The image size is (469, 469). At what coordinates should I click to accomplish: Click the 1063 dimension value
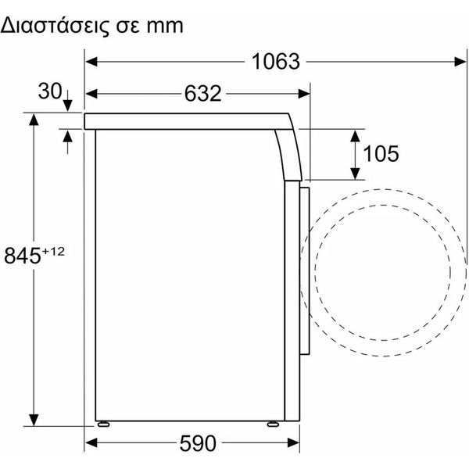point(275,62)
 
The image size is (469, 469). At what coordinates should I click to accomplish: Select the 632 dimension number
point(202,94)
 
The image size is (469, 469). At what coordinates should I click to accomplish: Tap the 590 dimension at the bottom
point(198,443)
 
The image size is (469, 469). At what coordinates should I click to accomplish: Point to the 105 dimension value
point(381,154)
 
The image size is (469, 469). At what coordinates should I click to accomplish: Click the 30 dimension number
point(50,91)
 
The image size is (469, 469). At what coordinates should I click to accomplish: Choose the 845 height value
point(23,256)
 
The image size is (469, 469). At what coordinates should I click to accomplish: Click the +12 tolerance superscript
point(53,252)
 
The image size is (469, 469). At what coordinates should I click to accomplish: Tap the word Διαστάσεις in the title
point(55,26)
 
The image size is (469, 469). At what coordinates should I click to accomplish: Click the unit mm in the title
point(165,27)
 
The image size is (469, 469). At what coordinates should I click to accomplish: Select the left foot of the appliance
point(103,424)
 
